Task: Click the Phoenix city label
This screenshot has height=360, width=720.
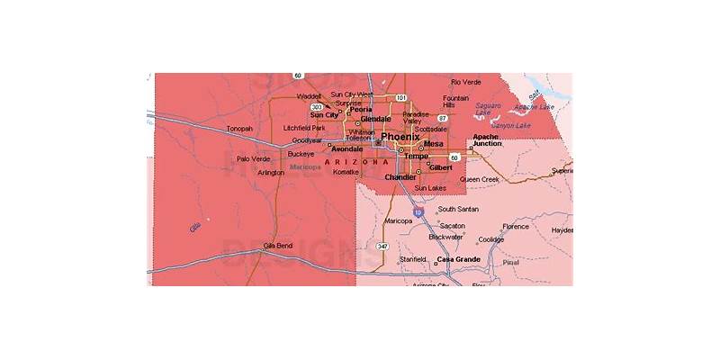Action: point(400,137)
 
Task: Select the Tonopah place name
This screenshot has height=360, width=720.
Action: point(239,129)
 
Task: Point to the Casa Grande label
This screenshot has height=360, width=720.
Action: point(458,259)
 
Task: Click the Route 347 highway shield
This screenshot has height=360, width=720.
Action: point(382,246)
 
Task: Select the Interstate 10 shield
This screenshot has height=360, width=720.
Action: point(418,211)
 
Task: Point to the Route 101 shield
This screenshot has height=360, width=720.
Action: point(400,97)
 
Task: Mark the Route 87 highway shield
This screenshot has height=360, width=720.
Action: point(442,118)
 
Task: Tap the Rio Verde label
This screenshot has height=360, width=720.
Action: point(467,82)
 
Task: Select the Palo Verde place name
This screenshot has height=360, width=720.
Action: point(253,159)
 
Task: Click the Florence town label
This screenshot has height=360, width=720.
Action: point(516,227)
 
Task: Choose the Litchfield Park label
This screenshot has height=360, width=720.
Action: point(303,128)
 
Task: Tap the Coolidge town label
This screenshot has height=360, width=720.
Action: point(490,239)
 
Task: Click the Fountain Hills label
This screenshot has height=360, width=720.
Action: point(455,101)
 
